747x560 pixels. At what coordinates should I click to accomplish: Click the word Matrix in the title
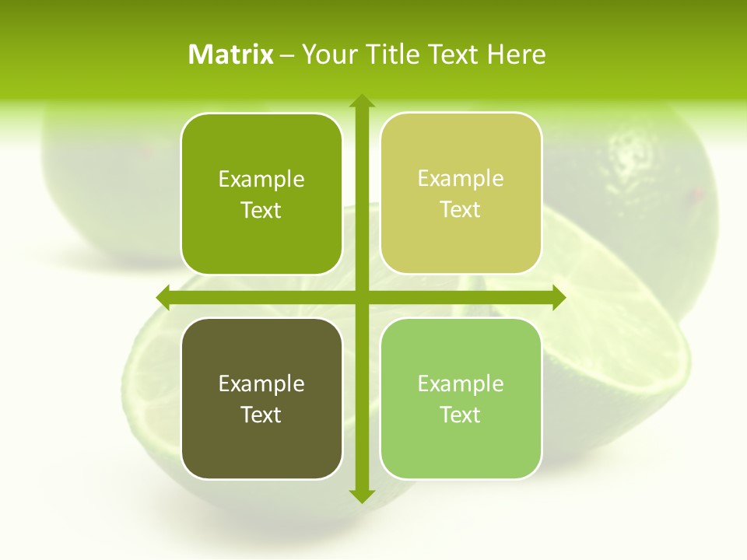(x=230, y=54)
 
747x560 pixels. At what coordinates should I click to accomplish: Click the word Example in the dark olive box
(x=261, y=383)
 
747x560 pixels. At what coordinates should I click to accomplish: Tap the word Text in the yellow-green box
(x=461, y=210)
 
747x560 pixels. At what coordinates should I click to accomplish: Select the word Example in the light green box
(x=461, y=383)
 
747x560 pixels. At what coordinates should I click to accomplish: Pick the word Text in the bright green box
(x=261, y=210)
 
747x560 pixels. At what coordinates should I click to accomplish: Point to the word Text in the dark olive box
(x=261, y=415)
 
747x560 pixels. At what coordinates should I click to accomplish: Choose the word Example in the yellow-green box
(x=461, y=179)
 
